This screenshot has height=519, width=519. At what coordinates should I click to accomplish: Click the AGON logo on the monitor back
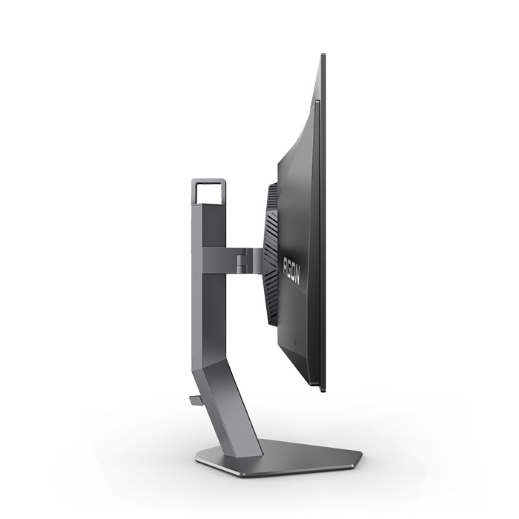pyautogui.click(x=291, y=270)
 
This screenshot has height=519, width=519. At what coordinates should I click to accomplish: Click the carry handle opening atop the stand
pyautogui.click(x=209, y=194)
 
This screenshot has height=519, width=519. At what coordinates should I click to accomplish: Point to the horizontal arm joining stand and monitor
pyautogui.click(x=231, y=260)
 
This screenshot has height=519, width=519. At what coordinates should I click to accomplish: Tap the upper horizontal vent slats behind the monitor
pyautogui.click(x=272, y=202)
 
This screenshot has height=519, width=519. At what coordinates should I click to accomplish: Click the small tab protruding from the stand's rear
pyautogui.click(x=194, y=399)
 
